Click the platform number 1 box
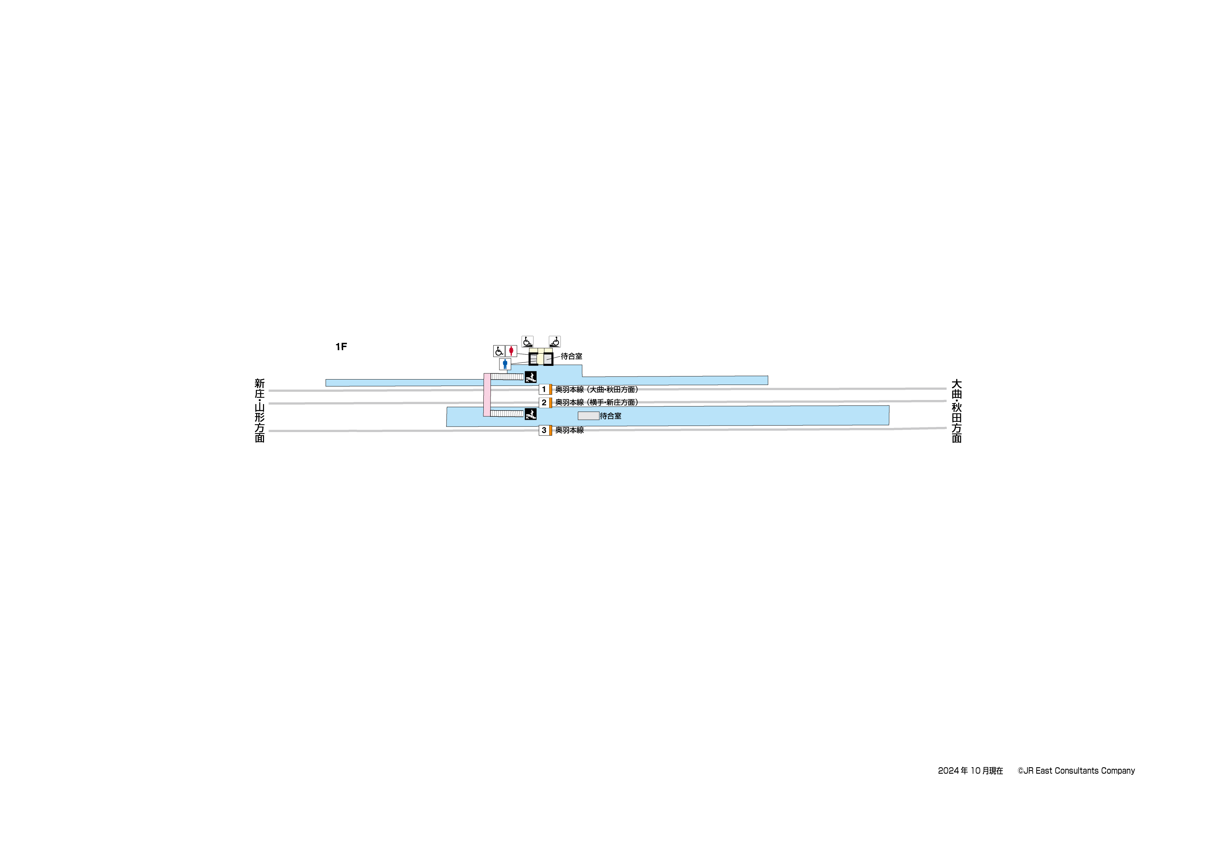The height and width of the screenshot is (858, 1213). (x=544, y=390)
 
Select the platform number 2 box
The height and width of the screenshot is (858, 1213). (x=544, y=403)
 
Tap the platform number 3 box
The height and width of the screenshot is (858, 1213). (x=544, y=430)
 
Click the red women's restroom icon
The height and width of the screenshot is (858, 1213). (x=511, y=351)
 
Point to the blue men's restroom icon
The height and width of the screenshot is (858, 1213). (x=505, y=364)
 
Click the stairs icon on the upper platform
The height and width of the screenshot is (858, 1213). (x=530, y=377)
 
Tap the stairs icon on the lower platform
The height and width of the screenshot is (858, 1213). (x=530, y=414)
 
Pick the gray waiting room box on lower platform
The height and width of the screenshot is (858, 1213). (x=588, y=416)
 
